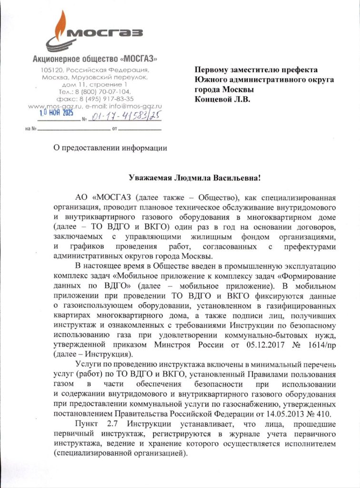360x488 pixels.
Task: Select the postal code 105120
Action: (52, 70)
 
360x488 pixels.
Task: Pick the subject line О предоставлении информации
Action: (110, 147)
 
